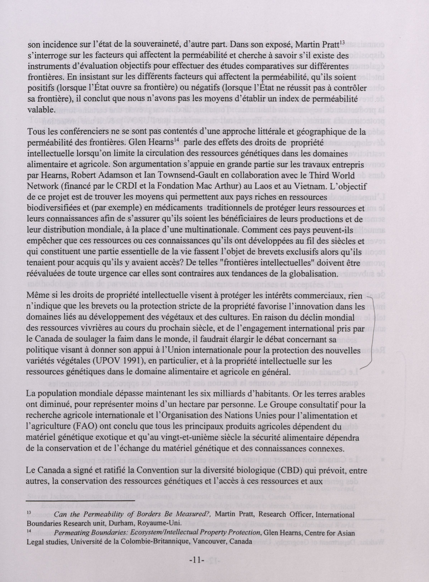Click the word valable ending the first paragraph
pos(41,110)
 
